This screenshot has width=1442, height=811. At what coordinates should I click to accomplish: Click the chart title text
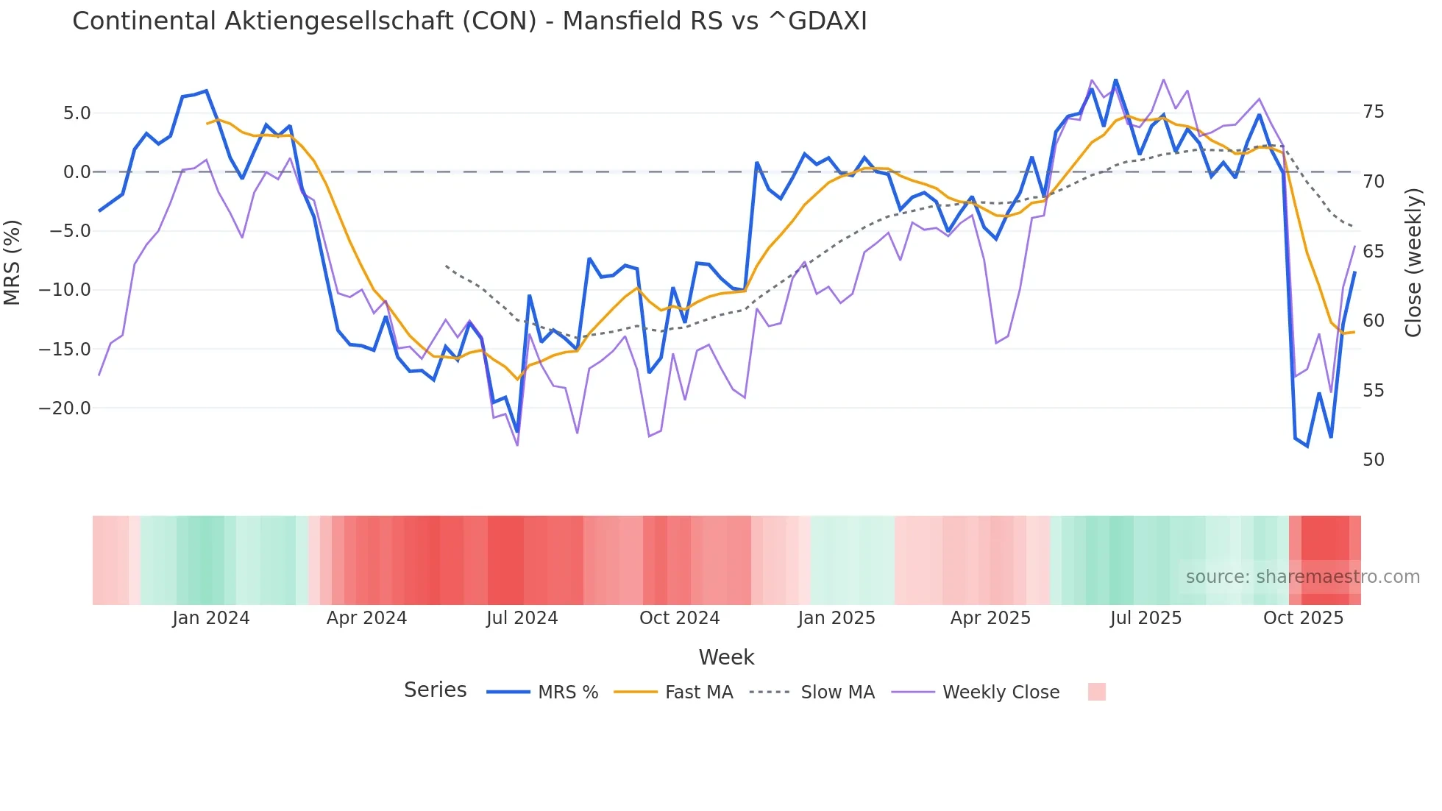(x=469, y=21)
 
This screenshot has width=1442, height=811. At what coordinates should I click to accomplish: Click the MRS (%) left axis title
(x=13, y=263)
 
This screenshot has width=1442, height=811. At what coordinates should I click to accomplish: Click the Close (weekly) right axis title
(x=1413, y=263)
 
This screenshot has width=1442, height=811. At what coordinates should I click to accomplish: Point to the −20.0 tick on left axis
(x=65, y=408)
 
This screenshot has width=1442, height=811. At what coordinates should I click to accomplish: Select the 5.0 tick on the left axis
(x=77, y=113)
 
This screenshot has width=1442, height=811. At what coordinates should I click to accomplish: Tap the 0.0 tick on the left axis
(x=77, y=172)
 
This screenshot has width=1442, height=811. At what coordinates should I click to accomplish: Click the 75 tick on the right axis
(x=1373, y=112)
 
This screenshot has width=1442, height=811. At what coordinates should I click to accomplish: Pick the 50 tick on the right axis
(x=1373, y=460)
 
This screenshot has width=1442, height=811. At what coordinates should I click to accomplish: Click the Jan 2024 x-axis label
(x=211, y=618)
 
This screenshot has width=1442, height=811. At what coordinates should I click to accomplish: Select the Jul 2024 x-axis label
(x=522, y=618)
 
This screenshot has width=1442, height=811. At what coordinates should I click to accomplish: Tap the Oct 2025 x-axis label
(x=1303, y=618)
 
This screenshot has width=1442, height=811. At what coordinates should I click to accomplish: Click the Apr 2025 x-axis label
(x=990, y=618)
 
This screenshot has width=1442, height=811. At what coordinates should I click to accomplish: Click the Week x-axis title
(x=726, y=657)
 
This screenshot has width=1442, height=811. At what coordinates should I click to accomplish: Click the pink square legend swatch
(x=1096, y=692)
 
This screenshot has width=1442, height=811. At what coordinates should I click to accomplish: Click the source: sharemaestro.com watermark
(x=1302, y=577)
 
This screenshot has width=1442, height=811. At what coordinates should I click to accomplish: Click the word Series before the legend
(x=435, y=690)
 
